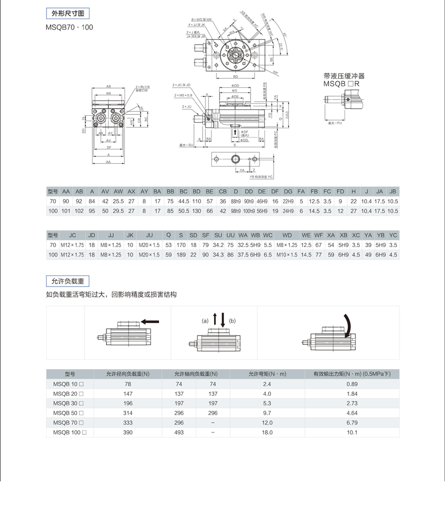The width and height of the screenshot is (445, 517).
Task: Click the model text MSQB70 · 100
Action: [69, 27]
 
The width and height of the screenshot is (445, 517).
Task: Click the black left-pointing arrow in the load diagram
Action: [150, 322]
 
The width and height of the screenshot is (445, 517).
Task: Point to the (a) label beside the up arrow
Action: [205, 320]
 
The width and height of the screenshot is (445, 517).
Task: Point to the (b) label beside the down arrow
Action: [232, 320]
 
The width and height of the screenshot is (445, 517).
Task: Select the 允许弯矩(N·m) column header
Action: [267, 374]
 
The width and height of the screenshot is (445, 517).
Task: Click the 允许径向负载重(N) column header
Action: [128, 374]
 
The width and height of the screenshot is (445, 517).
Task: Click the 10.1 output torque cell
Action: [352, 432]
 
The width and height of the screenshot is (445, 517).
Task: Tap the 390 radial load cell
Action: [128, 432]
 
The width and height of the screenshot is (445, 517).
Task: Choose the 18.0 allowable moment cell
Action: [267, 432]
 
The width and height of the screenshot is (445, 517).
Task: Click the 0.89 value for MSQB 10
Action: [352, 384]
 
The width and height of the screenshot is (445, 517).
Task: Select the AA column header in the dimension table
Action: [66, 191]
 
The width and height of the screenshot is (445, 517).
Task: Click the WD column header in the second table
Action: [287, 234]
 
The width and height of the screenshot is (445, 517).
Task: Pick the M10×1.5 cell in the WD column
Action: [287, 254]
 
